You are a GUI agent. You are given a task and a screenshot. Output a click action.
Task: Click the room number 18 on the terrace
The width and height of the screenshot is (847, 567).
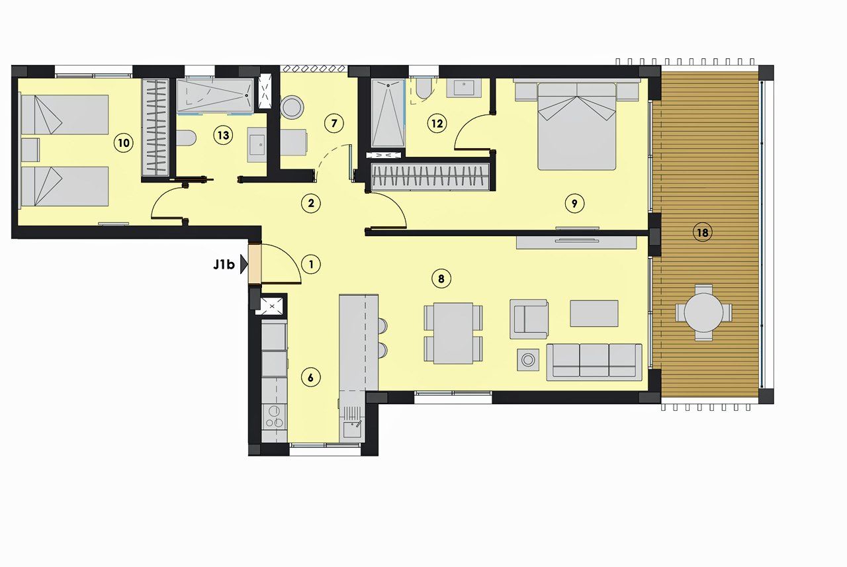(x=702, y=232)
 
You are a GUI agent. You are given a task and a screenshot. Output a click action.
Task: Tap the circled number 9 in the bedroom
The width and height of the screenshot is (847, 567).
(x=574, y=203)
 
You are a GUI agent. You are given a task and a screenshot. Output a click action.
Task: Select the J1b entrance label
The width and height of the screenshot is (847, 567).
(x=224, y=265)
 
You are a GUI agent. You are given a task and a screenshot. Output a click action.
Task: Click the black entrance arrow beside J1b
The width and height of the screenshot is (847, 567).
(x=244, y=265)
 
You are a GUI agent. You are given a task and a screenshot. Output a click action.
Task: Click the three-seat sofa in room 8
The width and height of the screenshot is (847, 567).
(x=594, y=361)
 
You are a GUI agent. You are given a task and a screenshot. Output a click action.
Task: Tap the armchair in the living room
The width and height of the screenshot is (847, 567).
(x=529, y=318)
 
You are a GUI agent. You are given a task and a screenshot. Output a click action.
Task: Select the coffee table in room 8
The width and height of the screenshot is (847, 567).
(x=594, y=314)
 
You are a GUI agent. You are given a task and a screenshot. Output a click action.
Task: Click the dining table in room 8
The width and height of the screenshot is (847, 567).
(x=453, y=333)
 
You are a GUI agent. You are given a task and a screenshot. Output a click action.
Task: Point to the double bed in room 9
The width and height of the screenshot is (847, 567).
(x=576, y=127)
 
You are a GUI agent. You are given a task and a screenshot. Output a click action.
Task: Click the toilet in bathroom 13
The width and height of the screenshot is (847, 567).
(x=187, y=138)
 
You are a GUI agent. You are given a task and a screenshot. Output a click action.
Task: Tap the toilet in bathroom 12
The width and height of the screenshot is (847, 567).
(x=422, y=89)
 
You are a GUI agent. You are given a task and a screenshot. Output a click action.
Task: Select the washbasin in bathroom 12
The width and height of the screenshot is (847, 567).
(x=464, y=88)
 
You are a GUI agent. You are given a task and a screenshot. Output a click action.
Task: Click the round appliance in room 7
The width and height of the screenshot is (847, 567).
(x=292, y=107)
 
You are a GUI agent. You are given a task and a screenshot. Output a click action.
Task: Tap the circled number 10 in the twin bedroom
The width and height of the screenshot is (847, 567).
(x=122, y=142)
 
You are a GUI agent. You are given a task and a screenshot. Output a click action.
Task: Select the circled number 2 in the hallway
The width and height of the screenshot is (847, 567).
(x=310, y=203)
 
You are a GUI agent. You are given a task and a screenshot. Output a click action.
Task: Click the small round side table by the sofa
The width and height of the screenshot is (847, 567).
(x=527, y=359)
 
